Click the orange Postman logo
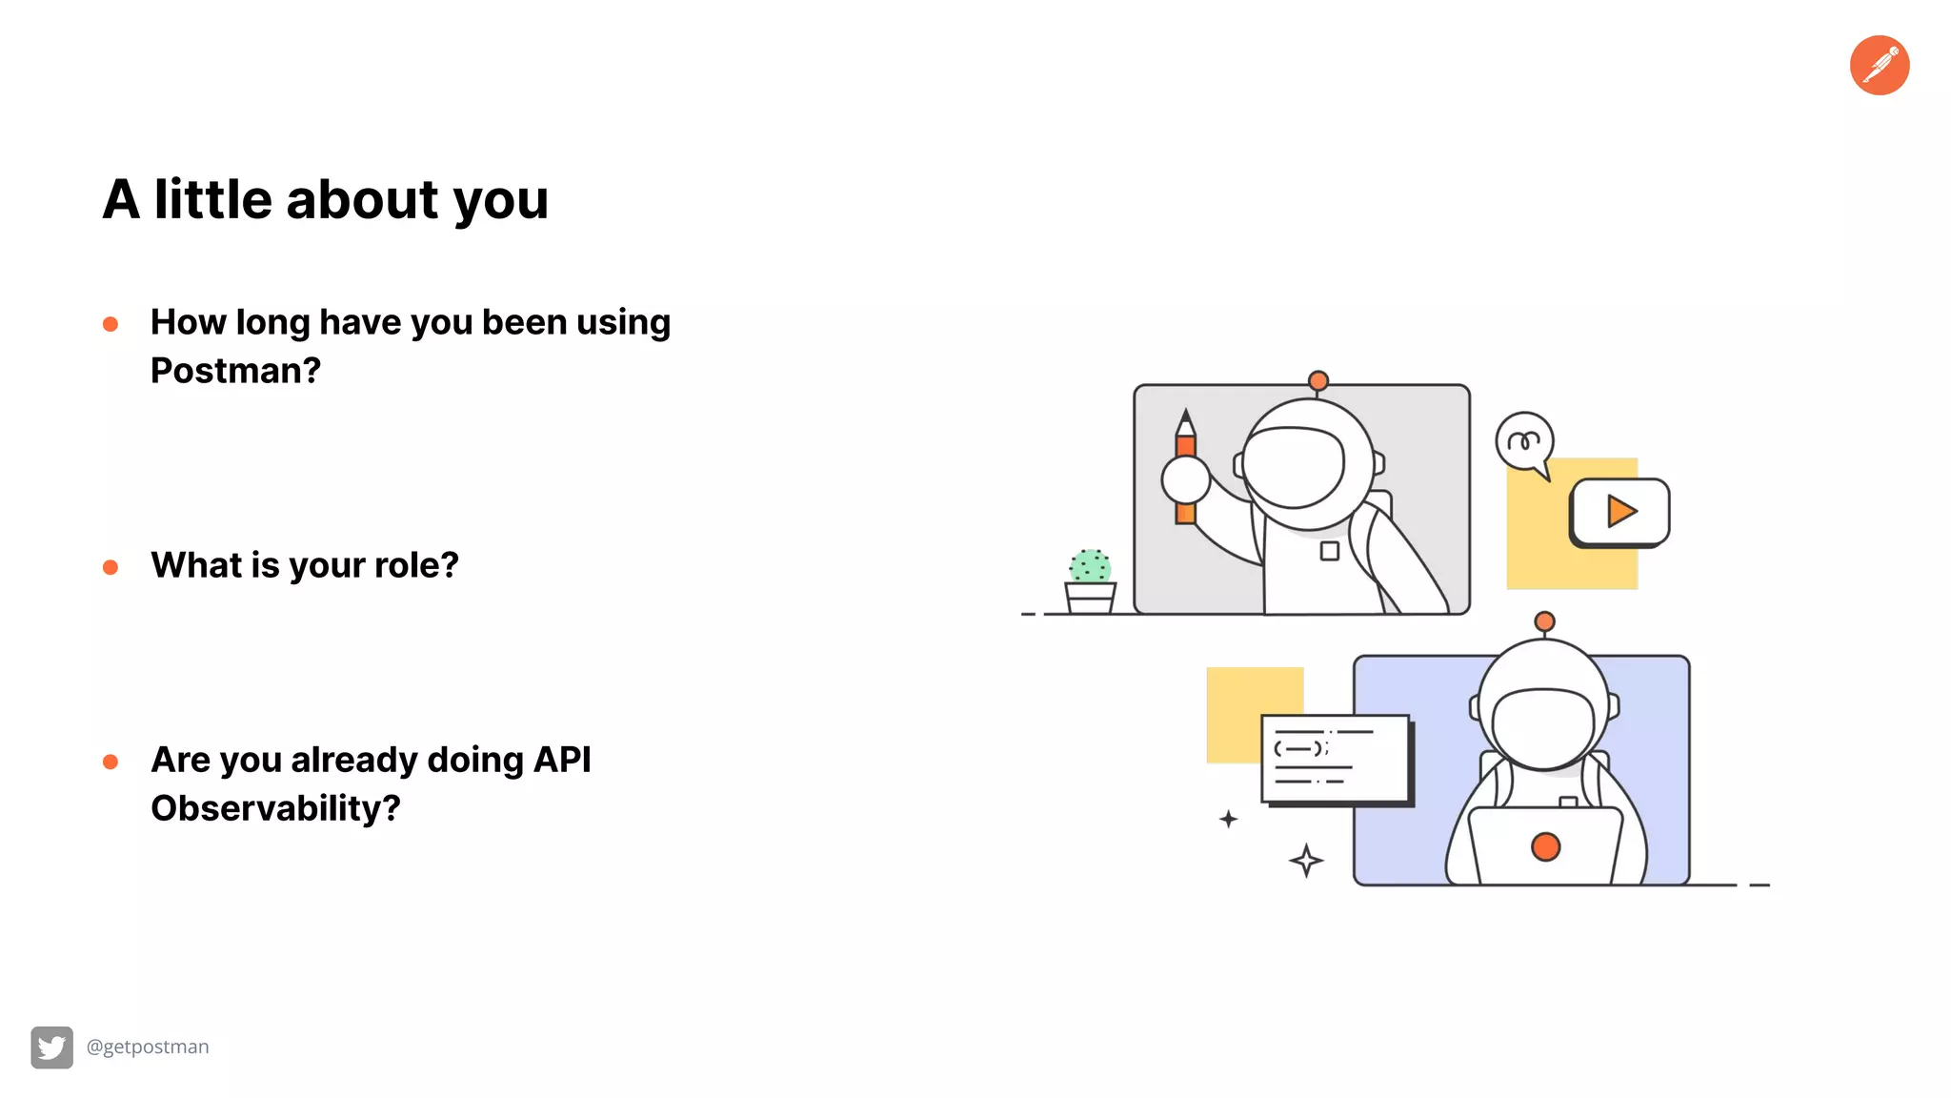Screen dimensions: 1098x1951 pos(1879,65)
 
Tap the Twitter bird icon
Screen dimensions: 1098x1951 pos(51,1047)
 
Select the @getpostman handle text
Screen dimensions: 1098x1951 pos(148,1047)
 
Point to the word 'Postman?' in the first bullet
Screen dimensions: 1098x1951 pos(235,371)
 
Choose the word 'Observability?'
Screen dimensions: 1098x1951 pos(275,808)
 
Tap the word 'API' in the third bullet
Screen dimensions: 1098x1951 pos(562,760)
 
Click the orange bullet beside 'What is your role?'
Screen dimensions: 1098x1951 pos(111,568)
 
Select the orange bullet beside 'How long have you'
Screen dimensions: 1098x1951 pos(111,325)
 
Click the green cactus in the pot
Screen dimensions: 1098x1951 pos(1090,566)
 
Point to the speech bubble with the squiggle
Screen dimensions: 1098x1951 pos(1524,441)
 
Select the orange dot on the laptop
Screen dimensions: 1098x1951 pos(1545,846)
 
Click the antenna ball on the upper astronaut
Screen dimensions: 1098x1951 pos(1318,381)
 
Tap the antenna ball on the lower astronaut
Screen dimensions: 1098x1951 pos(1544,622)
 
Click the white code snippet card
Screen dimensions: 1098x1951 pos(1335,759)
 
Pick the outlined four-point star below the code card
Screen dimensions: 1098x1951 pos(1306,861)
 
